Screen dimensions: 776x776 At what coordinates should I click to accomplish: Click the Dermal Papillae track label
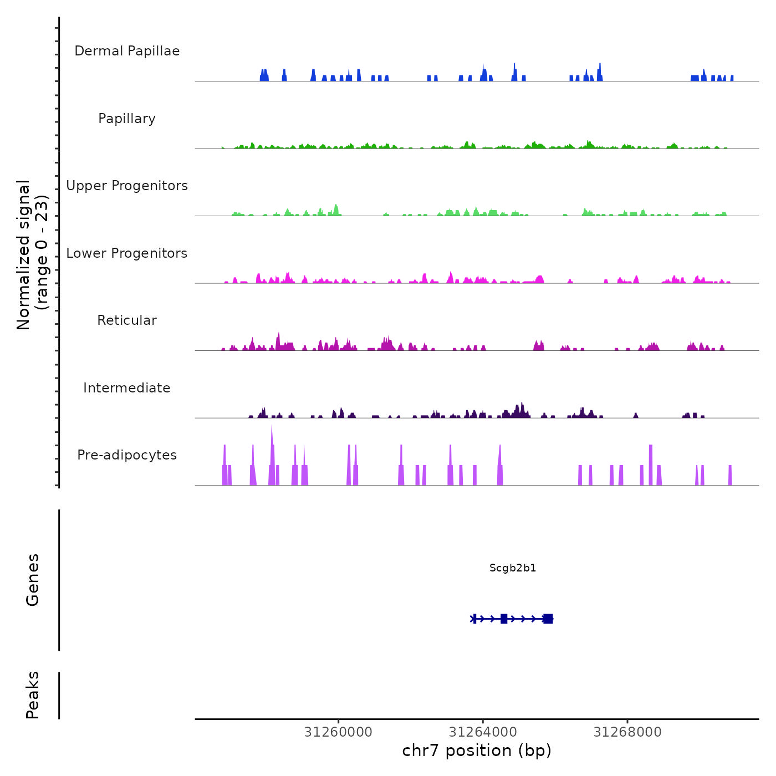click(127, 51)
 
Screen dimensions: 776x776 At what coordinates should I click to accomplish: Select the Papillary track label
click(127, 119)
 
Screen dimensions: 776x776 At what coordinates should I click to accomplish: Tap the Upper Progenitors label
click(127, 186)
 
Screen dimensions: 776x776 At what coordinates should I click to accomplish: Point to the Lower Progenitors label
click(127, 253)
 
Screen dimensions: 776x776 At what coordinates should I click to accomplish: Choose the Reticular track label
click(127, 320)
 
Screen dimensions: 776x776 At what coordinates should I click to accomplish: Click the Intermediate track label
click(127, 388)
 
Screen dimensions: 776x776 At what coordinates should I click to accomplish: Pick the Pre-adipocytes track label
click(127, 455)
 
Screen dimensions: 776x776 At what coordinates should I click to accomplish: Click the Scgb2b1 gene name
click(513, 568)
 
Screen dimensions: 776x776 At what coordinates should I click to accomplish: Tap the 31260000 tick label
click(338, 732)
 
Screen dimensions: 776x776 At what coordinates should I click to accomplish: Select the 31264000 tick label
click(483, 732)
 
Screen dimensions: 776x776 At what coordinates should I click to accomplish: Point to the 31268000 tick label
click(627, 732)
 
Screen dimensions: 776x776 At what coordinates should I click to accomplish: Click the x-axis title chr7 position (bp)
click(477, 751)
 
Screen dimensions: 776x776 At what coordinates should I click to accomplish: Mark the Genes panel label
click(33, 580)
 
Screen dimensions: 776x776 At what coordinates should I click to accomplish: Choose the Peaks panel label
click(33, 695)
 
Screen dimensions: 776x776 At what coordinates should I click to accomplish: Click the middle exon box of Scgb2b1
click(504, 619)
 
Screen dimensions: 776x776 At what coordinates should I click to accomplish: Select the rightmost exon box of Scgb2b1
click(548, 619)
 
